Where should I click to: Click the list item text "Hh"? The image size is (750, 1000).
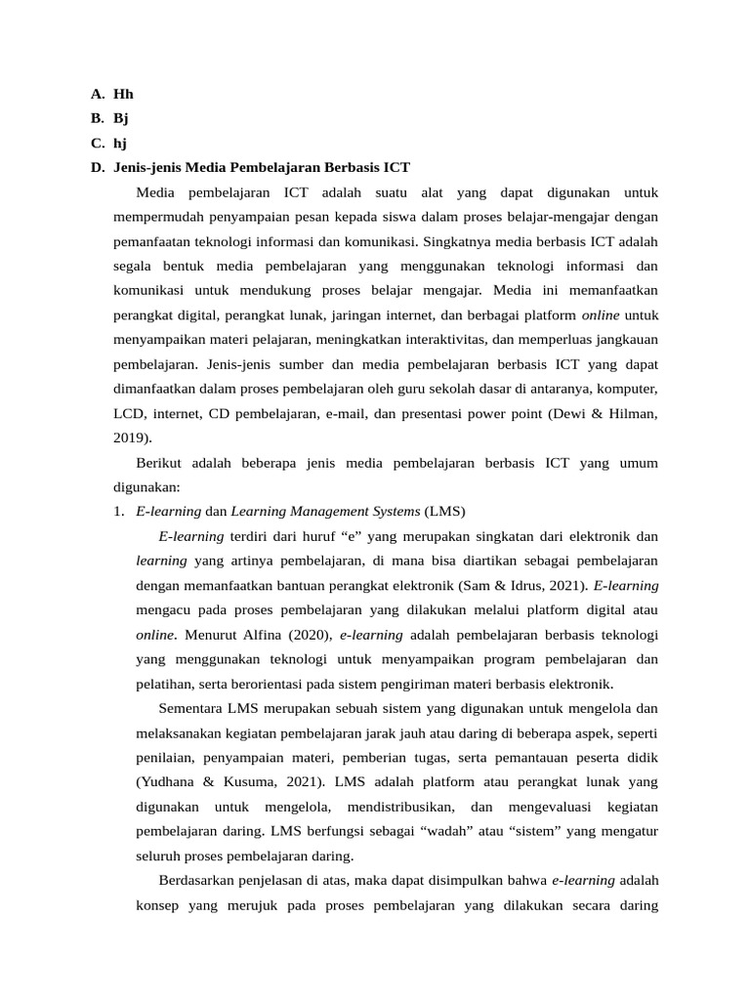pos(123,95)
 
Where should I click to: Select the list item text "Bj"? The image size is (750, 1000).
pos(121,119)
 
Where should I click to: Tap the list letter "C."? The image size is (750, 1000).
pos(97,144)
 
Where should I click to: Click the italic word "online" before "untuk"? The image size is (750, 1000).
pos(601,315)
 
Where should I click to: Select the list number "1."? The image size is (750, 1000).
pos(118,512)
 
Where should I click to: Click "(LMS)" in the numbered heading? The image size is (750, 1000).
pos(445,512)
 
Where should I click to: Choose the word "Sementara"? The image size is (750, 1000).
pos(190,708)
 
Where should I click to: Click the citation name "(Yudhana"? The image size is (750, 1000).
pos(168,782)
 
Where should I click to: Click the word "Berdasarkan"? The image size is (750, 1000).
pos(198,881)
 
